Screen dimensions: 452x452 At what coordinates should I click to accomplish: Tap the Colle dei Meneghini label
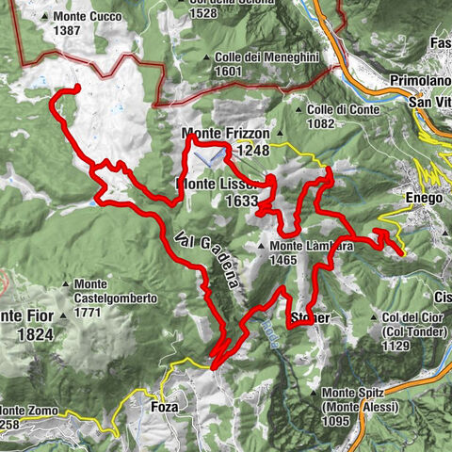point(267,57)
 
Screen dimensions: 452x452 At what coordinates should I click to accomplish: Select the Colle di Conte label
point(342,109)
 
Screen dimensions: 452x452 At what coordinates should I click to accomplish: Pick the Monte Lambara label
point(297,247)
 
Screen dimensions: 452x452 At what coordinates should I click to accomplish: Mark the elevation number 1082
point(322,122)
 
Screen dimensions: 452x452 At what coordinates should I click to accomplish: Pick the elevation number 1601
point(230,71)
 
